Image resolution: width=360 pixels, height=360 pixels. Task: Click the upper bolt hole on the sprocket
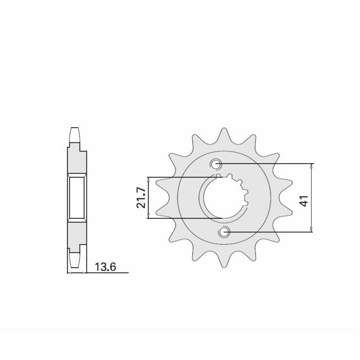pos(217,164)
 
